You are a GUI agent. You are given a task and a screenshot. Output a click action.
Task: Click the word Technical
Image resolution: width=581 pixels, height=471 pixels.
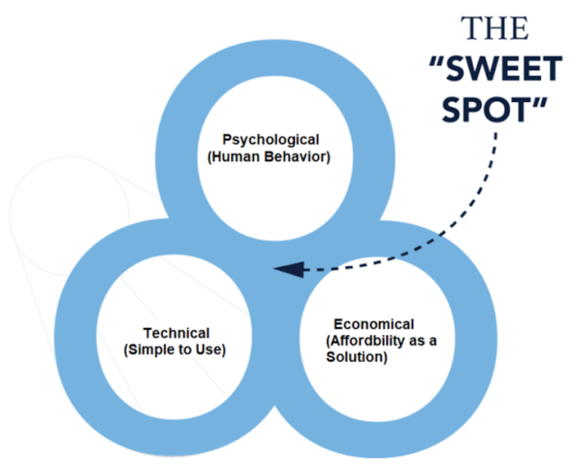[x=177, y=333]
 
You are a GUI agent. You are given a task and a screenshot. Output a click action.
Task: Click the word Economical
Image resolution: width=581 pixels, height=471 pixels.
[x=374, y=324]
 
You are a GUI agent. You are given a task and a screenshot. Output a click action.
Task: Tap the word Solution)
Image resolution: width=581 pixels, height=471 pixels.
[x=357, y=357]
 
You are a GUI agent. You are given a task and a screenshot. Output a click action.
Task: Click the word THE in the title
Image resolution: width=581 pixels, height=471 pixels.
[x=494, y=28]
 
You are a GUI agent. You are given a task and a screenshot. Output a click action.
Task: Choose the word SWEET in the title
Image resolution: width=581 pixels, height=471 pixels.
[x=504, y=68]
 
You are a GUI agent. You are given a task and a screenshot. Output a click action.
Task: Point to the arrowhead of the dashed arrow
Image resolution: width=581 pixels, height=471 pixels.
[x=289, y=270]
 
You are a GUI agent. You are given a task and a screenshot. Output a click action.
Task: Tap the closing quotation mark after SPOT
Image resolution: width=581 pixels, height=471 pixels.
[x=540, y=104]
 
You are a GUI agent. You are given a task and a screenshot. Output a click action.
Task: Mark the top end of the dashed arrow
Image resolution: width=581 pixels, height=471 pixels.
[x=496, y=133]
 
